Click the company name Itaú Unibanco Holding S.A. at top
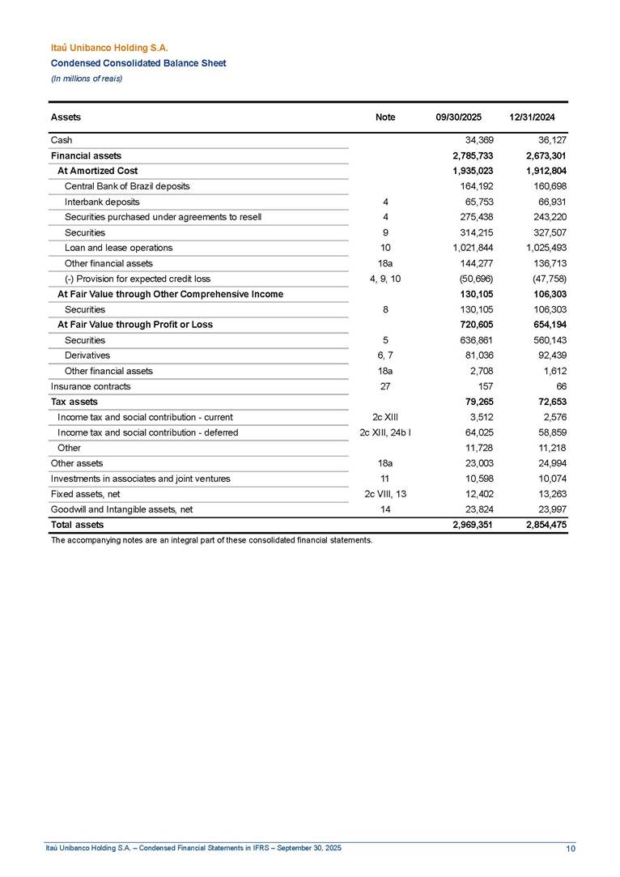109,49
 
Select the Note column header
385,117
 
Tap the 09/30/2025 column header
458,117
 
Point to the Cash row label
62,140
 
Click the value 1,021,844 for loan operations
467,248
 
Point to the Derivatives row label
87,355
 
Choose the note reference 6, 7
385,355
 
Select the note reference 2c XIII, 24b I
385,432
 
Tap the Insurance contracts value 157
484,386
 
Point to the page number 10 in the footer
571,848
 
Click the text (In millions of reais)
87,78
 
